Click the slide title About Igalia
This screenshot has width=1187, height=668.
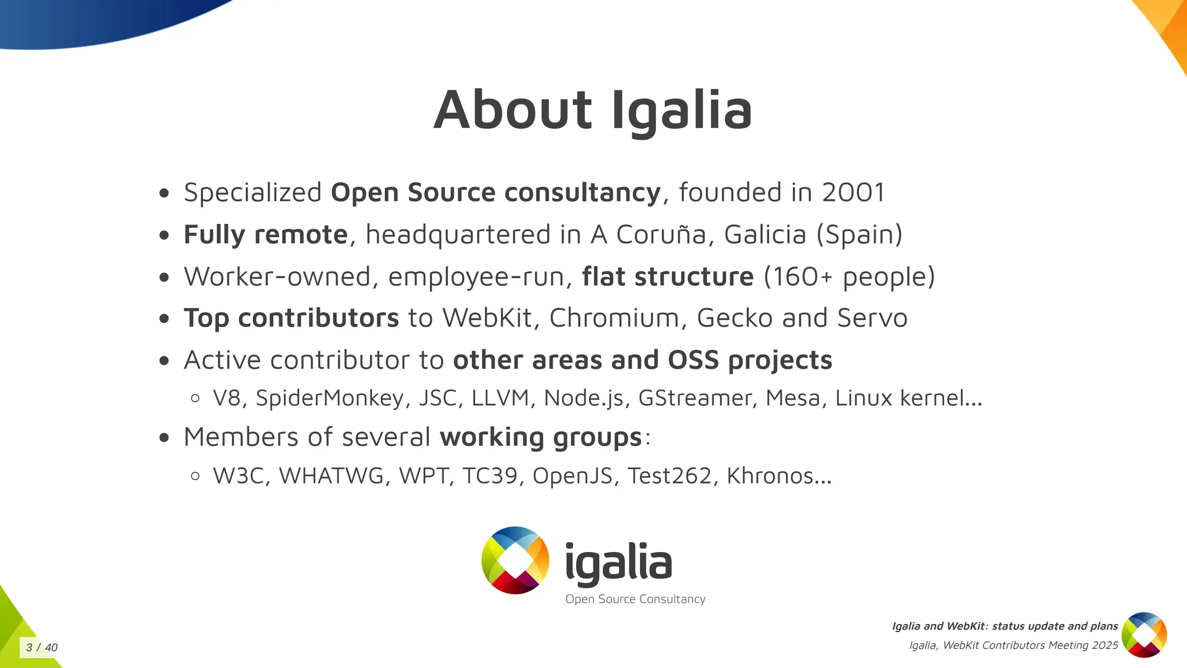(x=592, y=110)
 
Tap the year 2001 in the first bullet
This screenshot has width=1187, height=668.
(x=853, y=193)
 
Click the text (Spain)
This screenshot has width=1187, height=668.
(x=860, y=235)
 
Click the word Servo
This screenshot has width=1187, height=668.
(x=872, y=318)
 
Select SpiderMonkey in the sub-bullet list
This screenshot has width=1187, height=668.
(x=329, y=398)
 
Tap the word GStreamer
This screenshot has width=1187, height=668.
(x=694, y=398)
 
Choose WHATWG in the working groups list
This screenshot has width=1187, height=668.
(x=332, y=476)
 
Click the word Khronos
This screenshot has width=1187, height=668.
(x=770, y=476)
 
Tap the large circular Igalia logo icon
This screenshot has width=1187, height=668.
(x=515, y=560)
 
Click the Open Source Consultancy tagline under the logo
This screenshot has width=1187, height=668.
(x=635, y=600)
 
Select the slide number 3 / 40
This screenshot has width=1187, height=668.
(x=42, y=648)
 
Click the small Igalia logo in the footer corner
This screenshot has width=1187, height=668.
(x=1144, y=635)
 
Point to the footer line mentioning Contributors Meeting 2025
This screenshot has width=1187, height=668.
(x=1013, y=645)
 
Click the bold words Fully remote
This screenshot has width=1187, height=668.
(x=265, y=235)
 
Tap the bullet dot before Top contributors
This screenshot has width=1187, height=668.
(x=165, y=318)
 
